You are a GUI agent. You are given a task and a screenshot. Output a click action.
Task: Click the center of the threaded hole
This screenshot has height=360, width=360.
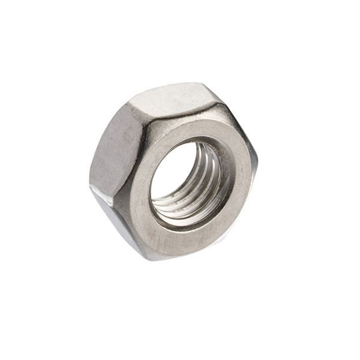click(187, 180)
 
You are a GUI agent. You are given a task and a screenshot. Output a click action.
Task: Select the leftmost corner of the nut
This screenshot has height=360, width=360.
click(89, 184)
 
